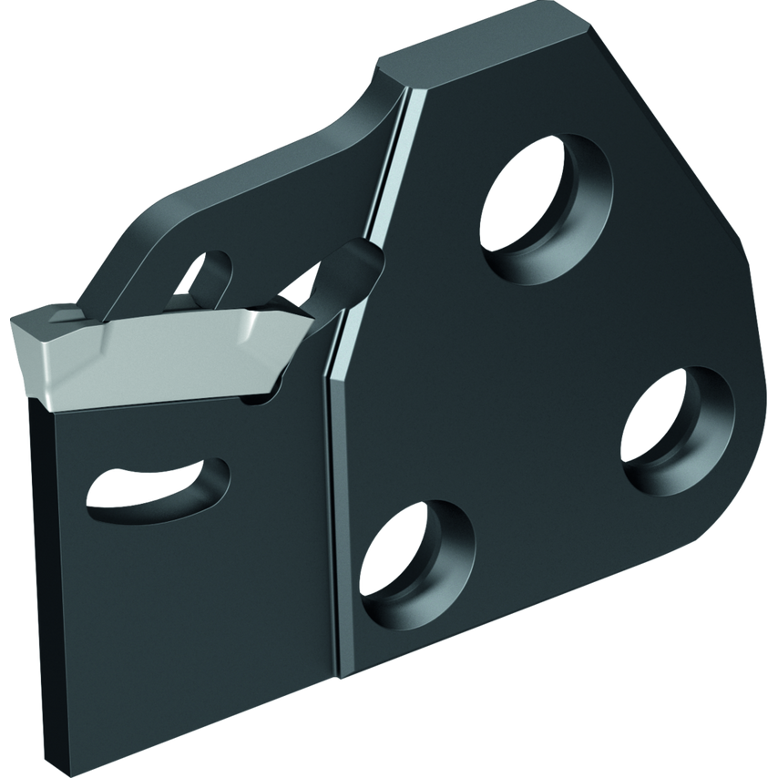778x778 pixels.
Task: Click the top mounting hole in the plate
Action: click(545, 194)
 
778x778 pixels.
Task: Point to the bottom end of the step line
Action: click(339, 679)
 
